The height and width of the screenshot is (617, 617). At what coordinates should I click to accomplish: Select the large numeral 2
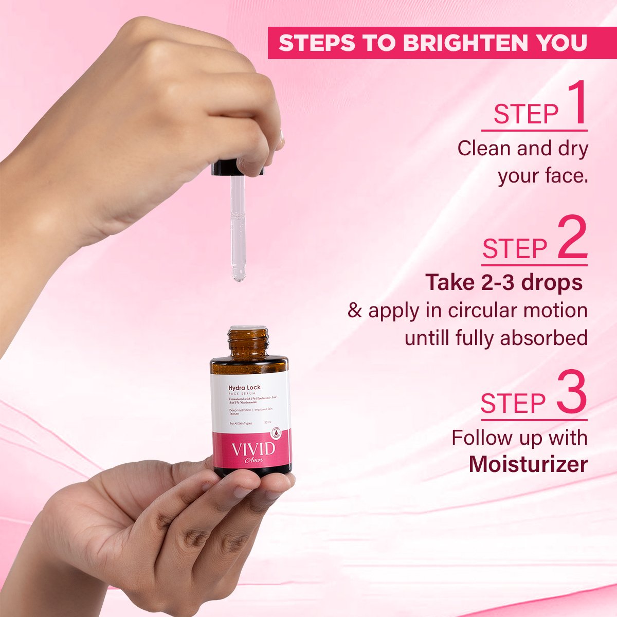point(572,239)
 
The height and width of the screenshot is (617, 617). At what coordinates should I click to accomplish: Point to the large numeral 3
point(571,393)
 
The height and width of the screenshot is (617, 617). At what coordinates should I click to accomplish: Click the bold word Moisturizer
point(528,464)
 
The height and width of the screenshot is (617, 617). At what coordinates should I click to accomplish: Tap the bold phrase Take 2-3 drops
point(504,282)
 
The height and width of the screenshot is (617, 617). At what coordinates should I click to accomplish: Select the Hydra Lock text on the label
point(245,387)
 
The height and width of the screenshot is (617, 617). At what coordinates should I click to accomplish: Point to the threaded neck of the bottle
point(248,343)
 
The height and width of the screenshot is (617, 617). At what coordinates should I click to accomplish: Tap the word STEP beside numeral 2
point(514,249)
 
